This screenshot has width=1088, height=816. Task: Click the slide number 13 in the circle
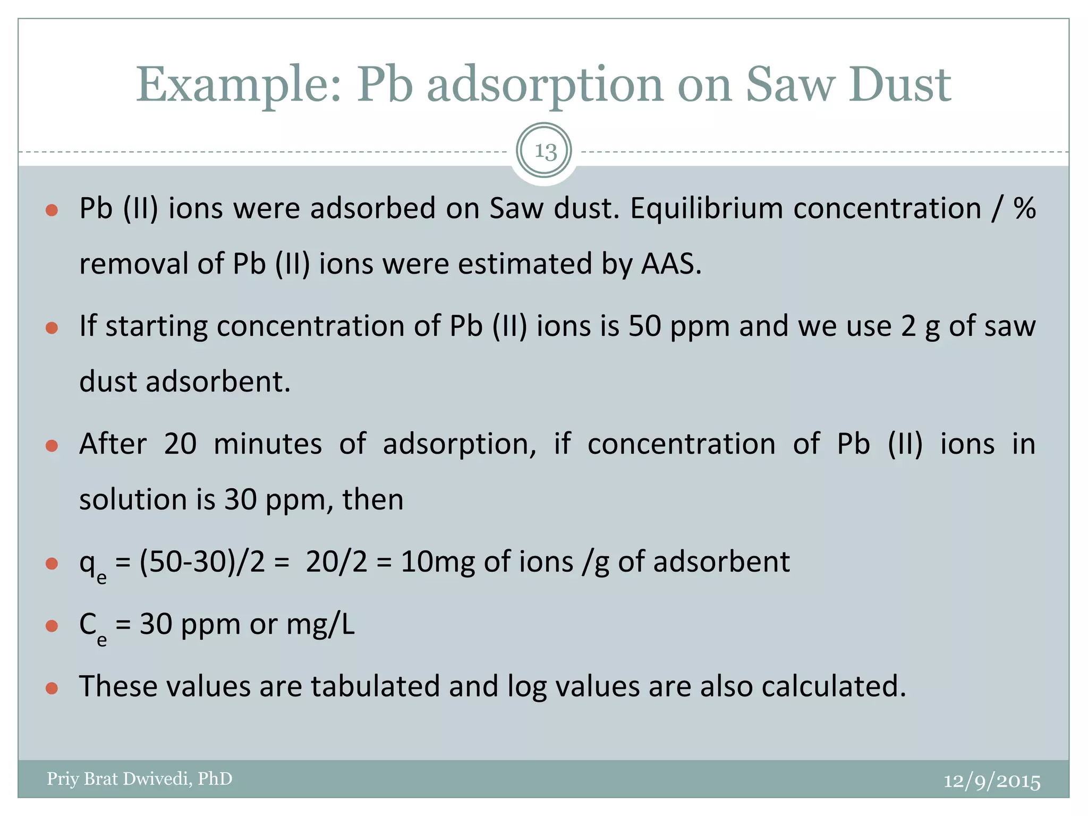coord(545,151)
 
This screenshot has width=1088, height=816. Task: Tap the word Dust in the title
coord(899,85)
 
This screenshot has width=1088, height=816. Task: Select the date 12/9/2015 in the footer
coord(991,781)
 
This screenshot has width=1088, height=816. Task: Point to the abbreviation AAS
coord(670,263)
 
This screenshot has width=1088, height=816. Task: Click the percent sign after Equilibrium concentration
coord(1024,208)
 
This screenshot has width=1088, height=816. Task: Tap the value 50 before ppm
coord(644,326)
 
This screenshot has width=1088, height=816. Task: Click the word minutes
coord(268,444)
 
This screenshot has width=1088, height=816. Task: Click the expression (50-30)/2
coord(202,562)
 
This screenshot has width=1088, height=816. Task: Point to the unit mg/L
coord(320,624)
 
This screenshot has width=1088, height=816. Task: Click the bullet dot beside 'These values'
coord(52,688)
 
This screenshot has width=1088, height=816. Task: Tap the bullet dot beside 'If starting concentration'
coord(52,328)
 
